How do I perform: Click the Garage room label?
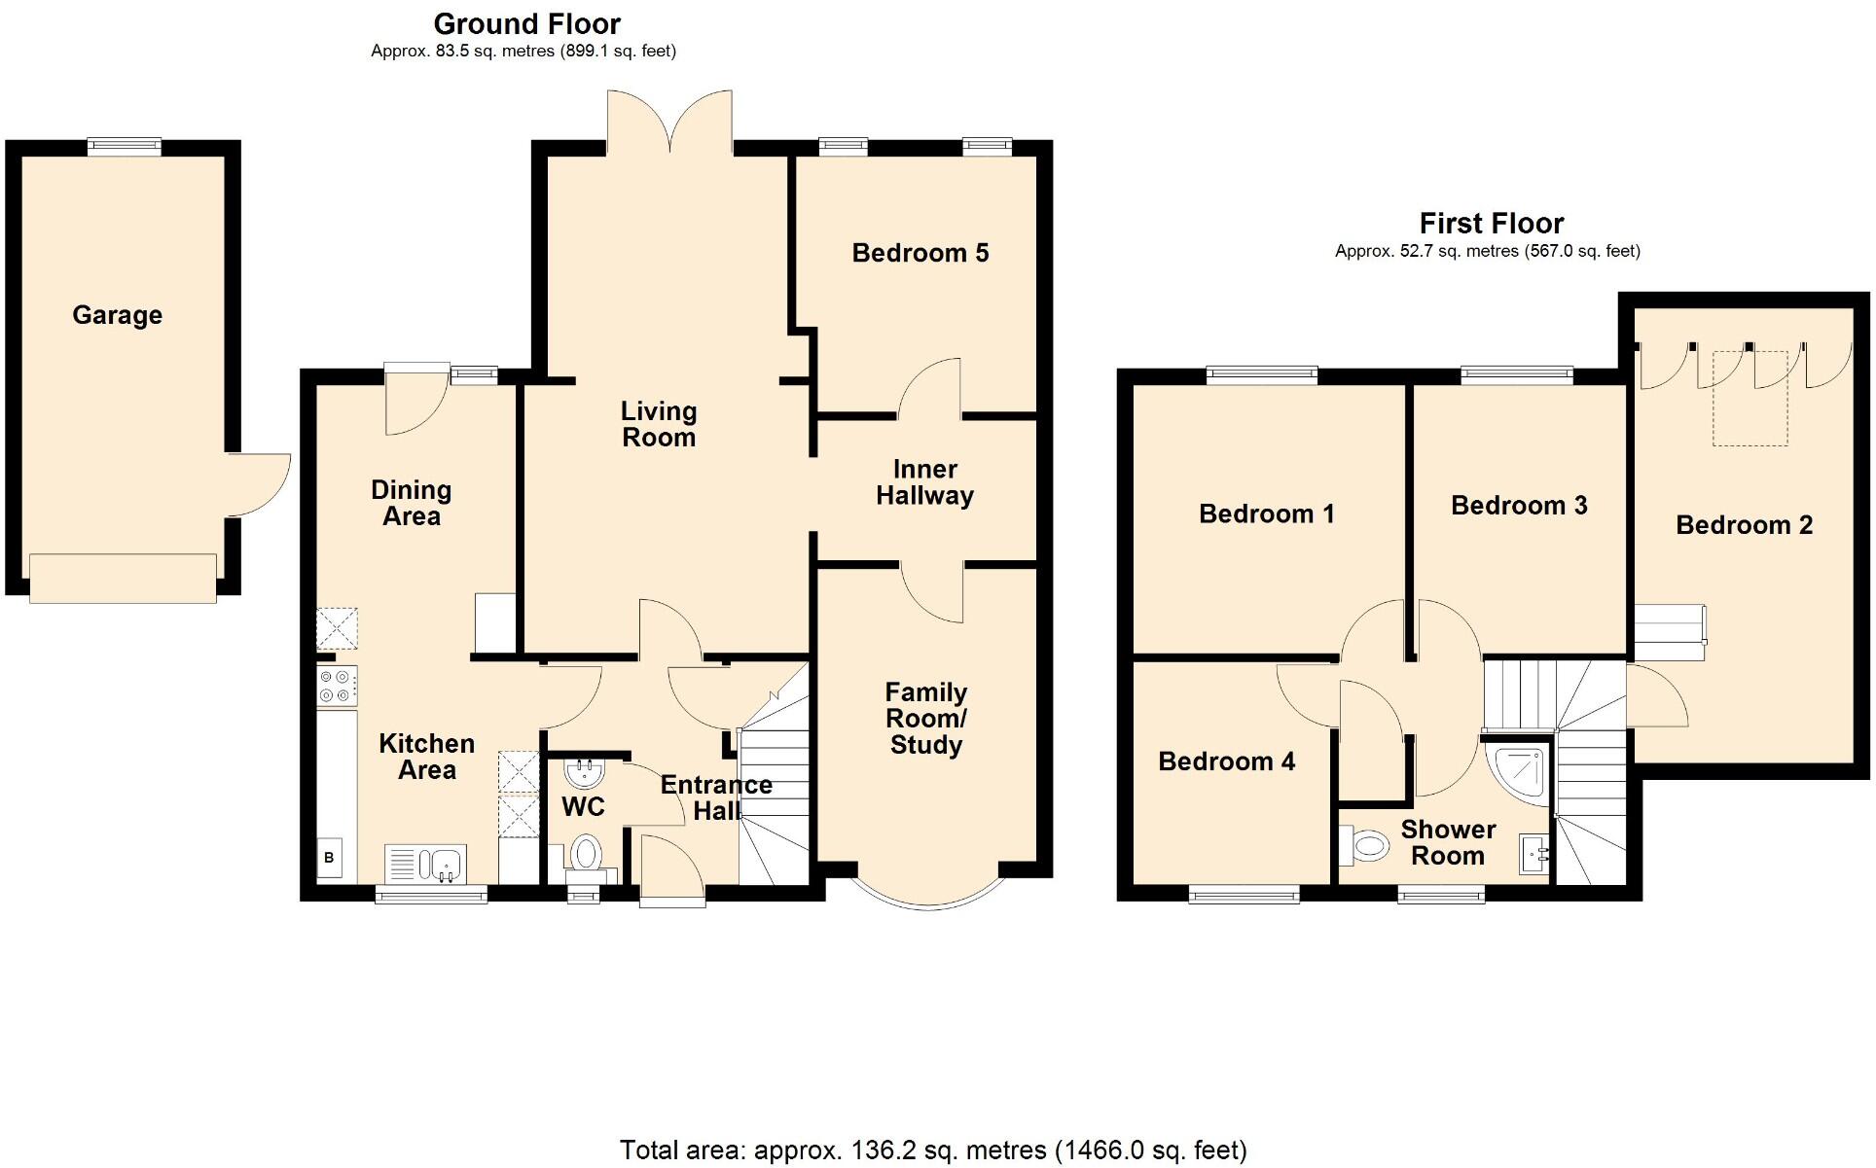(117, 315)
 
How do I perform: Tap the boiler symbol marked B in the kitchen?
(329, 858)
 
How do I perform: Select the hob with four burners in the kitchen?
(337, 686)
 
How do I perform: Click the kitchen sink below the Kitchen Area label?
(427, 863)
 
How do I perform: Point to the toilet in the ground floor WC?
(585, 854)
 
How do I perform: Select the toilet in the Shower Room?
(1364, 845)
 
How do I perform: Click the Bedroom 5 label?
(920, 253)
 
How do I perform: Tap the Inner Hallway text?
(924, 482)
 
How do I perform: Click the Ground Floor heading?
(526, 23)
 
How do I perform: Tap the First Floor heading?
(1491, 224)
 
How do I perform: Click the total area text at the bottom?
(933, 1150)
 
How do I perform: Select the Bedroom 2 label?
(1744, 525)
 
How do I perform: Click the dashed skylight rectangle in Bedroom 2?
(1750, 399)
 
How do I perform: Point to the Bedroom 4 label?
(1226, 761)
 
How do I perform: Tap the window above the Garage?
(124, 146)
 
